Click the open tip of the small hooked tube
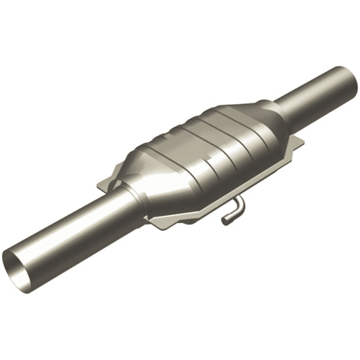click(x=226, y=220)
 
